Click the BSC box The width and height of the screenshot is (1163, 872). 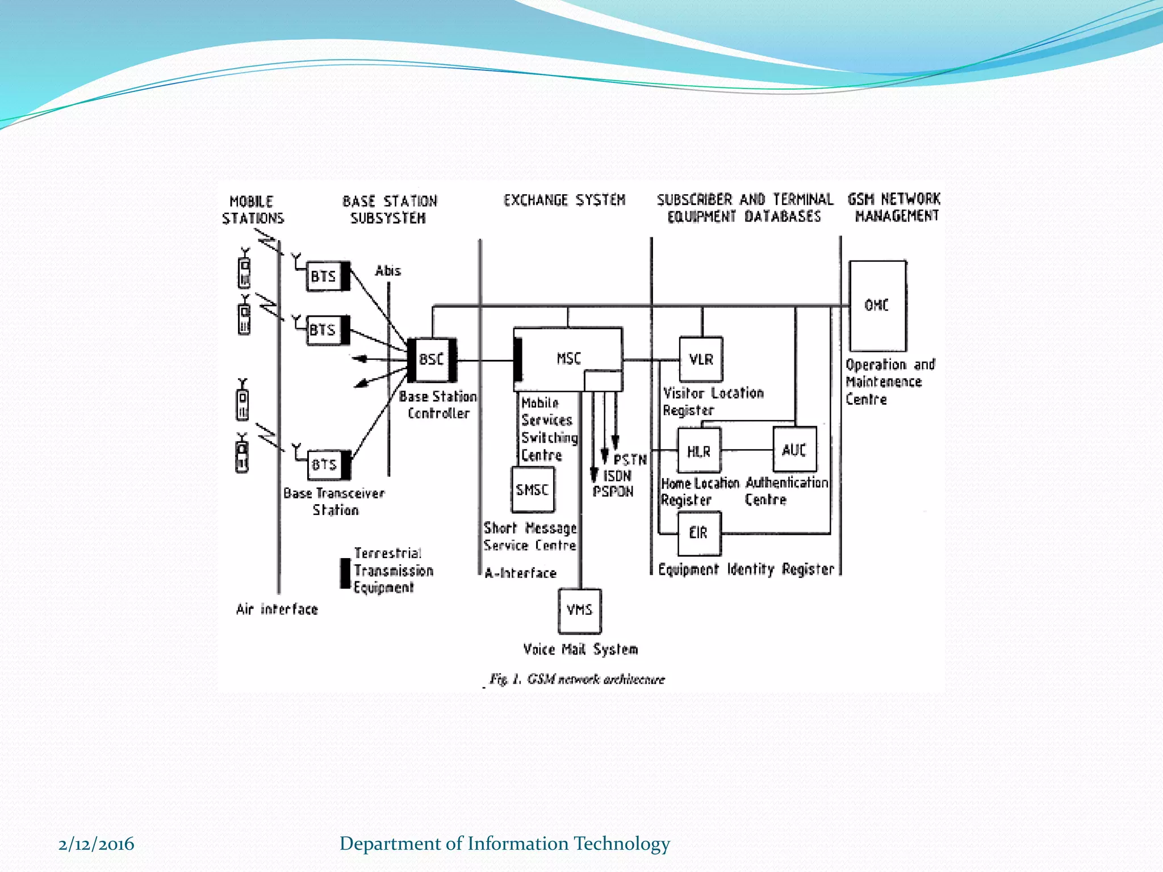[x=432, y=359]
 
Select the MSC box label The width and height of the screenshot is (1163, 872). [x=568, y=358]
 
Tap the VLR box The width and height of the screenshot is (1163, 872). [x=701, y=359]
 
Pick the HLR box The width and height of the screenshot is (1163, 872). [x=698, y=451]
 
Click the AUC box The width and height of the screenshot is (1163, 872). [x=794, y=450]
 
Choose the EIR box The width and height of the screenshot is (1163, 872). [x=698, y=533]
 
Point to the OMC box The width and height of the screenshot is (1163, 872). [x=877, y=305]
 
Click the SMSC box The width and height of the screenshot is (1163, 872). [x=533, y=489]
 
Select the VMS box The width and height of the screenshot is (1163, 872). [x=579, y=610]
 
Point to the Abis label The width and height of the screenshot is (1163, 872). [x=388, y=271]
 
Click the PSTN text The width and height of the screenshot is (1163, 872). [x=630, y=459]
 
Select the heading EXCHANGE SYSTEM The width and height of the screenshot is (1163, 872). [x=564, y=200]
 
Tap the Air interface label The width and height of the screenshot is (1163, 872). [x=277, y=609]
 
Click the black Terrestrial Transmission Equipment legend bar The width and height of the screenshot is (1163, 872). [x=345, y=573]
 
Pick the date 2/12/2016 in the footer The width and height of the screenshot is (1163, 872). [x=96, y=844]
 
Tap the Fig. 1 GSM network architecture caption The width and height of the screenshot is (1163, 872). [x=577, y=679]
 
